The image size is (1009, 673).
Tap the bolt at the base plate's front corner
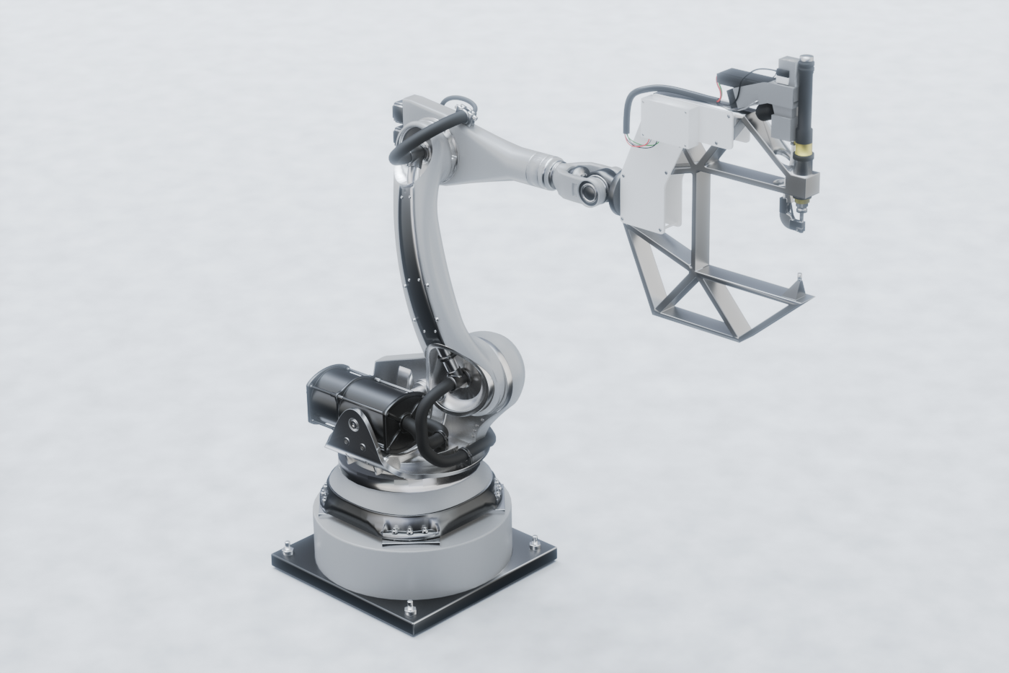(x=410, y=604)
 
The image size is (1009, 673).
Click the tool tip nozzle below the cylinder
(x=795, y=221)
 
